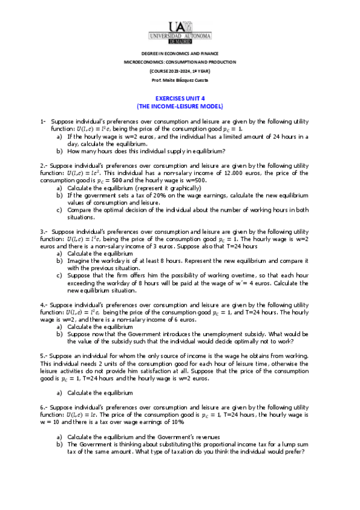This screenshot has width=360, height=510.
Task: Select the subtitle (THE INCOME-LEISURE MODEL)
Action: [180, 105]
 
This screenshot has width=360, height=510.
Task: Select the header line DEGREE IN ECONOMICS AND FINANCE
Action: [180, 54]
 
